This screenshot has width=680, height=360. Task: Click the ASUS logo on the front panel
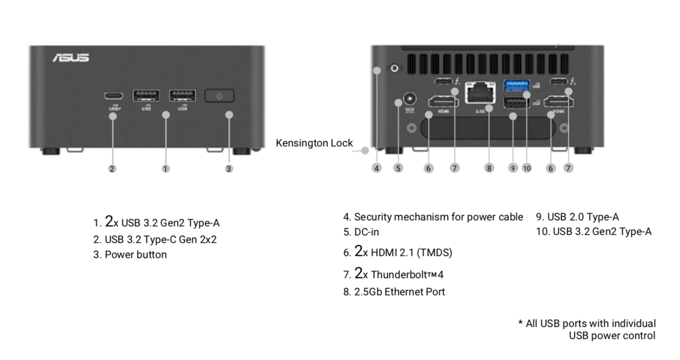tap(71, 58)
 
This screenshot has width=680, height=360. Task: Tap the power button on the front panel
tap(219, 96)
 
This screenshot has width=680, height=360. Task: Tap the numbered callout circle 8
tap(489, 168)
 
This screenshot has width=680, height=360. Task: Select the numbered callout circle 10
tap(527, 168)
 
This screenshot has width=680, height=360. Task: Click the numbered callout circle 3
tap(229, 168)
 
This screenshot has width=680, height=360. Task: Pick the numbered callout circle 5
tap(398, 168)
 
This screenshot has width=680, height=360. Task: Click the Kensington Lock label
tap(314, 143)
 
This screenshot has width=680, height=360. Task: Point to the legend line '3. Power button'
tap(130, 255)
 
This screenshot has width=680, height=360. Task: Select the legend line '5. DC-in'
tap(361, 232)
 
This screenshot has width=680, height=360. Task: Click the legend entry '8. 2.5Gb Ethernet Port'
tap(394, 292)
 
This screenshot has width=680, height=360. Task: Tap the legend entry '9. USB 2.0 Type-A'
tap(577, 217)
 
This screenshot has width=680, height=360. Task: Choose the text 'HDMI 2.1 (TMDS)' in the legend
tap(411, 253)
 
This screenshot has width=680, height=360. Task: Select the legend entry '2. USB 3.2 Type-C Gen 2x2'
tap(155, 239)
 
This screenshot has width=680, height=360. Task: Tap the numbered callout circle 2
tap(112, 168)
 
